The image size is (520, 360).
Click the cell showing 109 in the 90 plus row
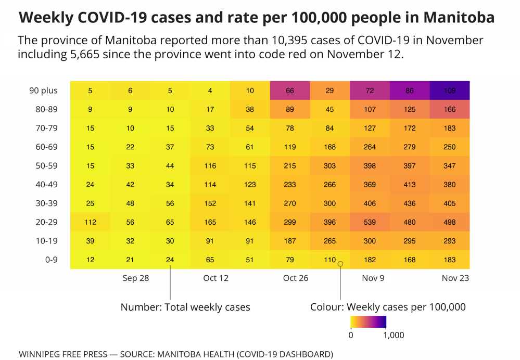[449, 91]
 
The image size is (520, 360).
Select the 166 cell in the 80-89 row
[449, 110]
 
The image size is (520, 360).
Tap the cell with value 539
[370, 222]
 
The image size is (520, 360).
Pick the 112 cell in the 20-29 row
[90, 222]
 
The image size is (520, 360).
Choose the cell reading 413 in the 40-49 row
[410, 185]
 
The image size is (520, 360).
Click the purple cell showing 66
[290, 91]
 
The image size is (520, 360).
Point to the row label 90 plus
[43, 91]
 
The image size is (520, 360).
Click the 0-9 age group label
[50, 260]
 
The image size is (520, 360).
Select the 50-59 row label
[46, 166]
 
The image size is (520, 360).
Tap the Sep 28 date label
[136, 278]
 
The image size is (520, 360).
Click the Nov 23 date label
[455, 278]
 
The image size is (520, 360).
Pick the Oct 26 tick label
[296, 278]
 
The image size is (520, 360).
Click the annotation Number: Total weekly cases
[185, 307]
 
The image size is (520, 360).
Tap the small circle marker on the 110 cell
[340, 264]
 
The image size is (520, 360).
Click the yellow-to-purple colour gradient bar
[368, 322]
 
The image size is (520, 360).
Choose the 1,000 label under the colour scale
[393, 336]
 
